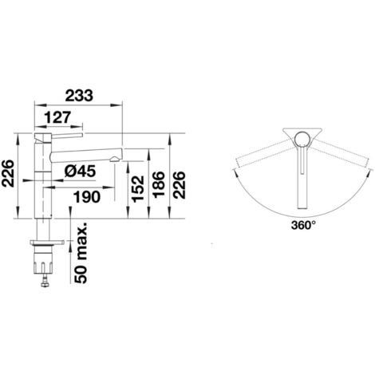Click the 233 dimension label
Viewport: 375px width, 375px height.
tap(79, 96)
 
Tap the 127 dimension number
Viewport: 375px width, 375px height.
tap(57, 117)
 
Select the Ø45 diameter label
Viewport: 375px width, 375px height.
tap(80, 172)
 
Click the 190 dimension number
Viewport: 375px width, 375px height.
tap(87, 197)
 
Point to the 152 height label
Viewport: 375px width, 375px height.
tap(138, 189)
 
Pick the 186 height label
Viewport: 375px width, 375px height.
tap(159, 184)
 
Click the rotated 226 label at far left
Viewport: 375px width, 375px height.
tap(7, 173)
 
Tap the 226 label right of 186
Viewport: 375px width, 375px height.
tap(179, 185)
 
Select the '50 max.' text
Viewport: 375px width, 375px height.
tap(81, 252)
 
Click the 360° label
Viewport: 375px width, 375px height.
tap(303, 226)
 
